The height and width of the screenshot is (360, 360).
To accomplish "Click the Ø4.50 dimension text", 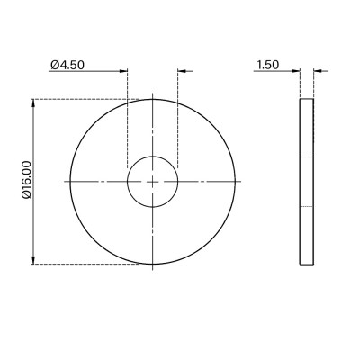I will coord(70,65).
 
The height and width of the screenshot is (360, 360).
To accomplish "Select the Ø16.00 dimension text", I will coord(26,181).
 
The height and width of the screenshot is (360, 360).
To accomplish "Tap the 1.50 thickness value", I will coord(267,65).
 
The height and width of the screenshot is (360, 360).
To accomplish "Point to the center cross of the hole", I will coord(153,182).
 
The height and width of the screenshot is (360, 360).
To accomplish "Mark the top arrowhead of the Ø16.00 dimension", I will coord(34,103).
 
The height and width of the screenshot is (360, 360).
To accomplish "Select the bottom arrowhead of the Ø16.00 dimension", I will coord(34,260).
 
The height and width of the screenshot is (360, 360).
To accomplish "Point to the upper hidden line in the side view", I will coord(307,158).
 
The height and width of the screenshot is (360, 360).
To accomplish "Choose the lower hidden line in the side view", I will coord(307,206).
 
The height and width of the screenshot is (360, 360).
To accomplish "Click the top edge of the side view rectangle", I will coord(307,99).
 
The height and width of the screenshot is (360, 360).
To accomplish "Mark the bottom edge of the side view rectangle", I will coord(307,265).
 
